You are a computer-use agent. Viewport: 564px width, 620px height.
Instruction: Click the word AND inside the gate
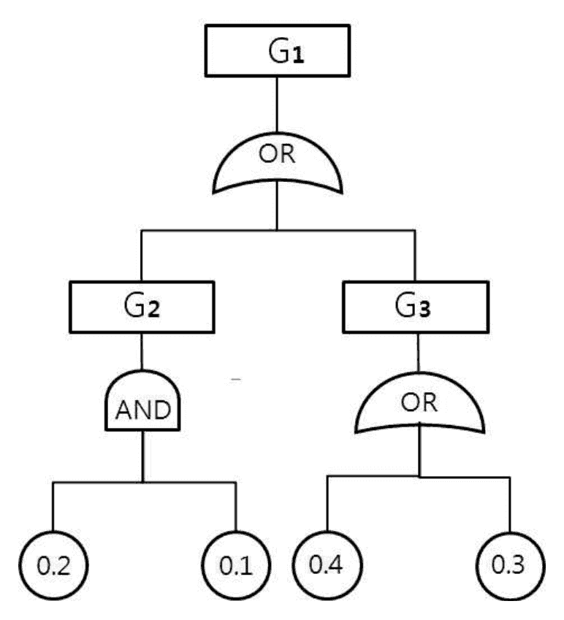(x=143, y=410)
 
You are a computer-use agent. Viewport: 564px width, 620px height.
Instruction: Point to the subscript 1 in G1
(x=298, y=56)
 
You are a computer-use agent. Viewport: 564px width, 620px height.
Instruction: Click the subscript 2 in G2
(x=153, y=309)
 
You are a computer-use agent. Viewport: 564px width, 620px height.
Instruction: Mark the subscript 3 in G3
(x=424, y=309)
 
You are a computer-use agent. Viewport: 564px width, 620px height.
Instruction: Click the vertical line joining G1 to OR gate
(x=277, y=104)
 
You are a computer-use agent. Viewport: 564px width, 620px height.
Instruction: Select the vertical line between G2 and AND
(x=142, y=351)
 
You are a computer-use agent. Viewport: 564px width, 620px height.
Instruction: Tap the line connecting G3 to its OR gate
(x=419, y=352)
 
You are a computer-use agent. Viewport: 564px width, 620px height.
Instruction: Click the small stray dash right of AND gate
(x=236, y=380)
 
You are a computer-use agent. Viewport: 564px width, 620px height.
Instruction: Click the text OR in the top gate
(x=277, y=154)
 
